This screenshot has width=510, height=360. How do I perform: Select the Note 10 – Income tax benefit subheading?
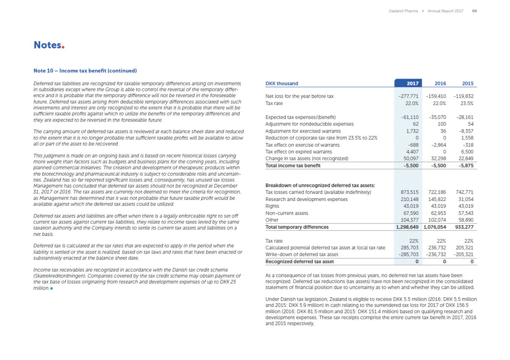(x=85, y=70)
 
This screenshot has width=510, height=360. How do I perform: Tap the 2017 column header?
(x=412, y=84)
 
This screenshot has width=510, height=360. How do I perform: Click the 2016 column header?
(x=440, y=84)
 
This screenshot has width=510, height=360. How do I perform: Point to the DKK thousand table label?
(x=282, y=84)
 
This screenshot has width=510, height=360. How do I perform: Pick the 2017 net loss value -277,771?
(x=408, y=96)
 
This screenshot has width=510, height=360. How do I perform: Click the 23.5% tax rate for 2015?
(x=467, y=103)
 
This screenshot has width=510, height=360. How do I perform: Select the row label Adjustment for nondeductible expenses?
(x=309, y=124)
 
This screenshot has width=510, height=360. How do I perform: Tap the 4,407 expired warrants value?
(x=412, y=152)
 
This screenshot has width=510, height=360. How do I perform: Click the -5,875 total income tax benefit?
(x=466, y=166)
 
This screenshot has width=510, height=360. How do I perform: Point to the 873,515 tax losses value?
(x=409, y=192)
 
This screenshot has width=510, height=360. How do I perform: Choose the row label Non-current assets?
(x=286, y=213)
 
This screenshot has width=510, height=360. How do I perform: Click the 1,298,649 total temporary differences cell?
(x=407, y=227)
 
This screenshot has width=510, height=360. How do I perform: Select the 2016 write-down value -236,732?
(x=436, y=255)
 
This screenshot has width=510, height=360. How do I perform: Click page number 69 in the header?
(x=474, y=11)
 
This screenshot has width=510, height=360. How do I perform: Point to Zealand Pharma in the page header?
(x=403, y=11)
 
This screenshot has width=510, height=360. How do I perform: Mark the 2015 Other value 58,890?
(x=466, y=220)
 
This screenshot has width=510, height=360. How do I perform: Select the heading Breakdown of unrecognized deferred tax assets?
(x=320, y=186)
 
